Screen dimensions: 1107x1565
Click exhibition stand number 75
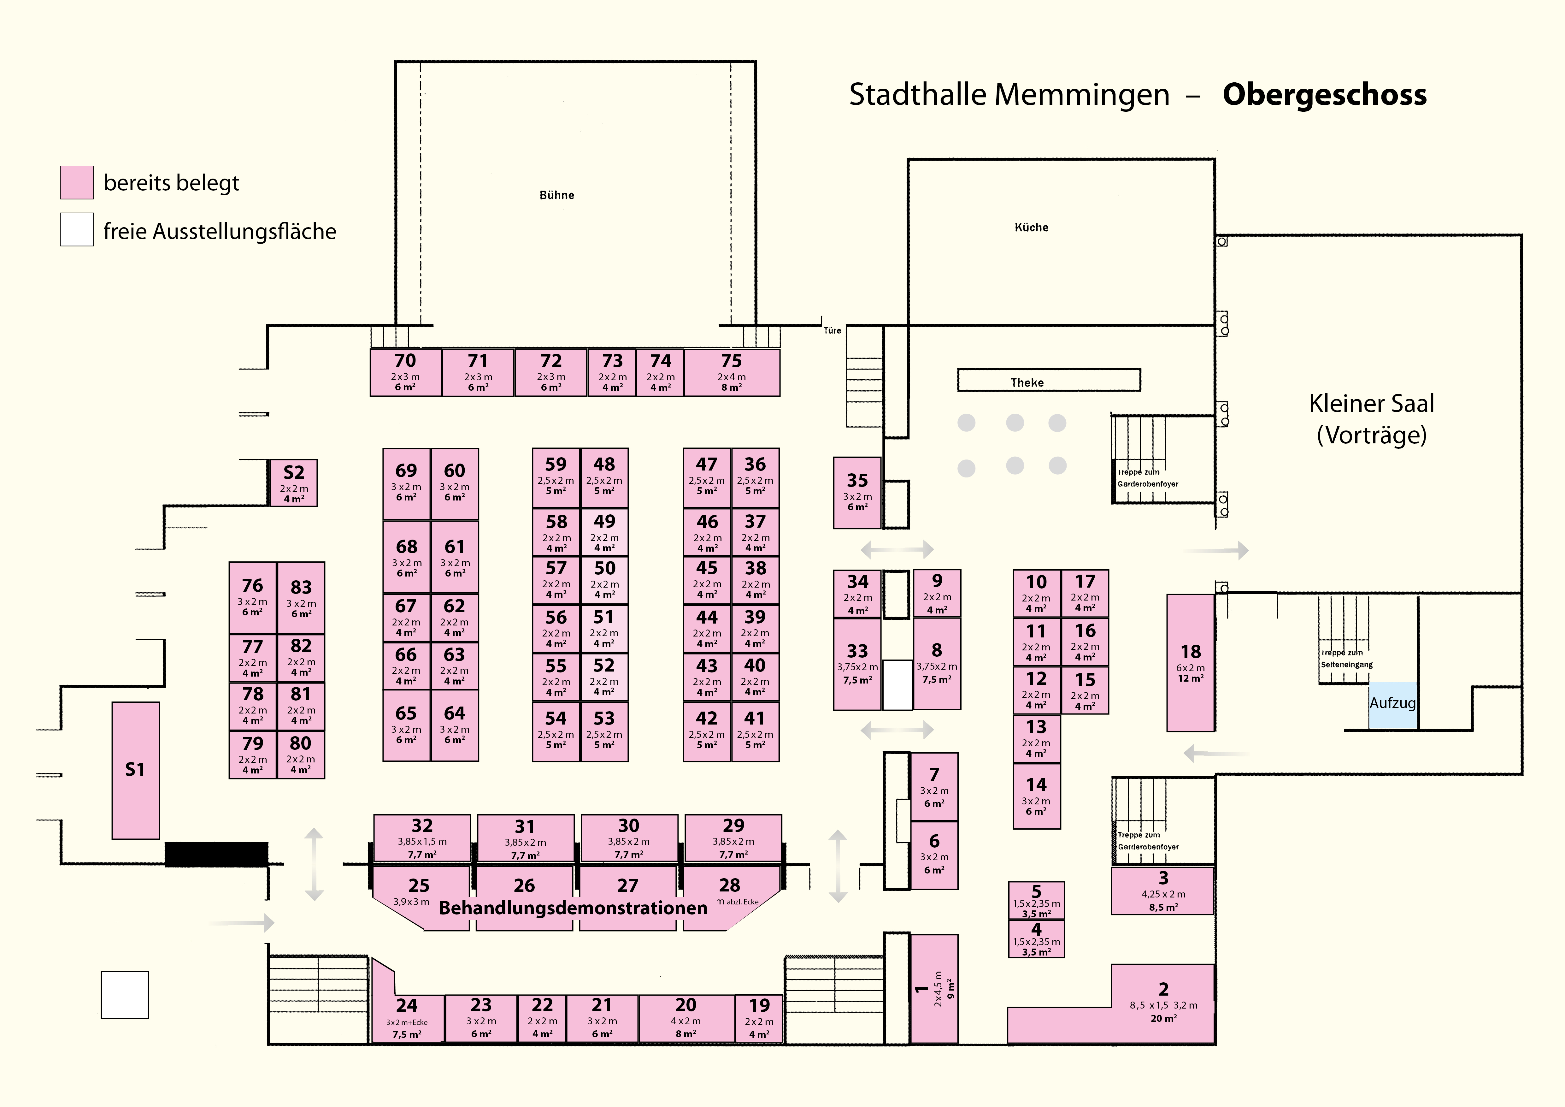tap(731, 372)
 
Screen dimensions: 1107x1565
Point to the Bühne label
tap(557, 195)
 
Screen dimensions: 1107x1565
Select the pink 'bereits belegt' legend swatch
tap(77, 183)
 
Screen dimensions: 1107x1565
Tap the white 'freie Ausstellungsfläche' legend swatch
tap(77, 230)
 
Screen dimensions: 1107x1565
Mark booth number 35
tap(857, 492)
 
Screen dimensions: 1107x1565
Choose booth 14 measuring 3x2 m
tap(1036, 796)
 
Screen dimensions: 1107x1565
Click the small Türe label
tap(832, 331)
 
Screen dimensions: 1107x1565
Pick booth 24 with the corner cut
tap(407, 1016)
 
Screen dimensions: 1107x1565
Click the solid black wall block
tap(216, 854)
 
